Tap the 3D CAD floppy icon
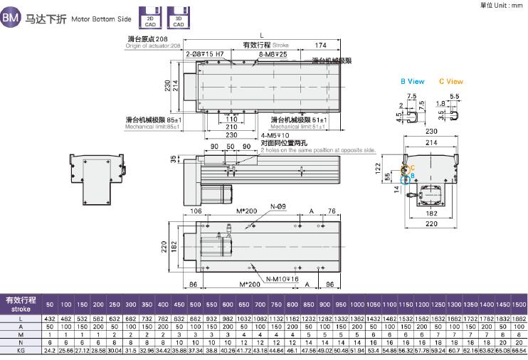(x=174, y=16)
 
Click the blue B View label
(x=412, y=81)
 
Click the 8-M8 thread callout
(x=273, y=54)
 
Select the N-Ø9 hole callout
(x=278, y=206)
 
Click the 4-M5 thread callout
(x=275, y=135)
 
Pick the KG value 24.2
(x=50, y=351)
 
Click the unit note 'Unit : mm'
(x=506, y=5)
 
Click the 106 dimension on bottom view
(x=195, y=211)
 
